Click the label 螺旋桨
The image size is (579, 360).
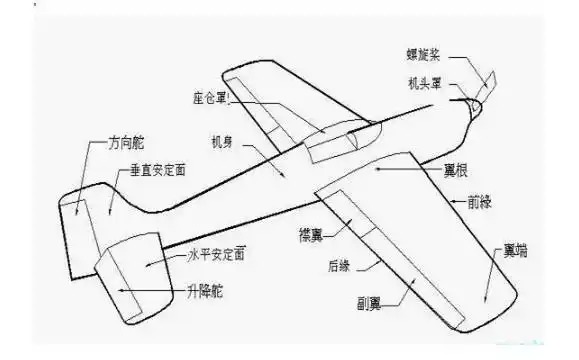427,53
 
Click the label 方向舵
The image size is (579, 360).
127,145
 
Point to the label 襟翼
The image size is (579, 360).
312,235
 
